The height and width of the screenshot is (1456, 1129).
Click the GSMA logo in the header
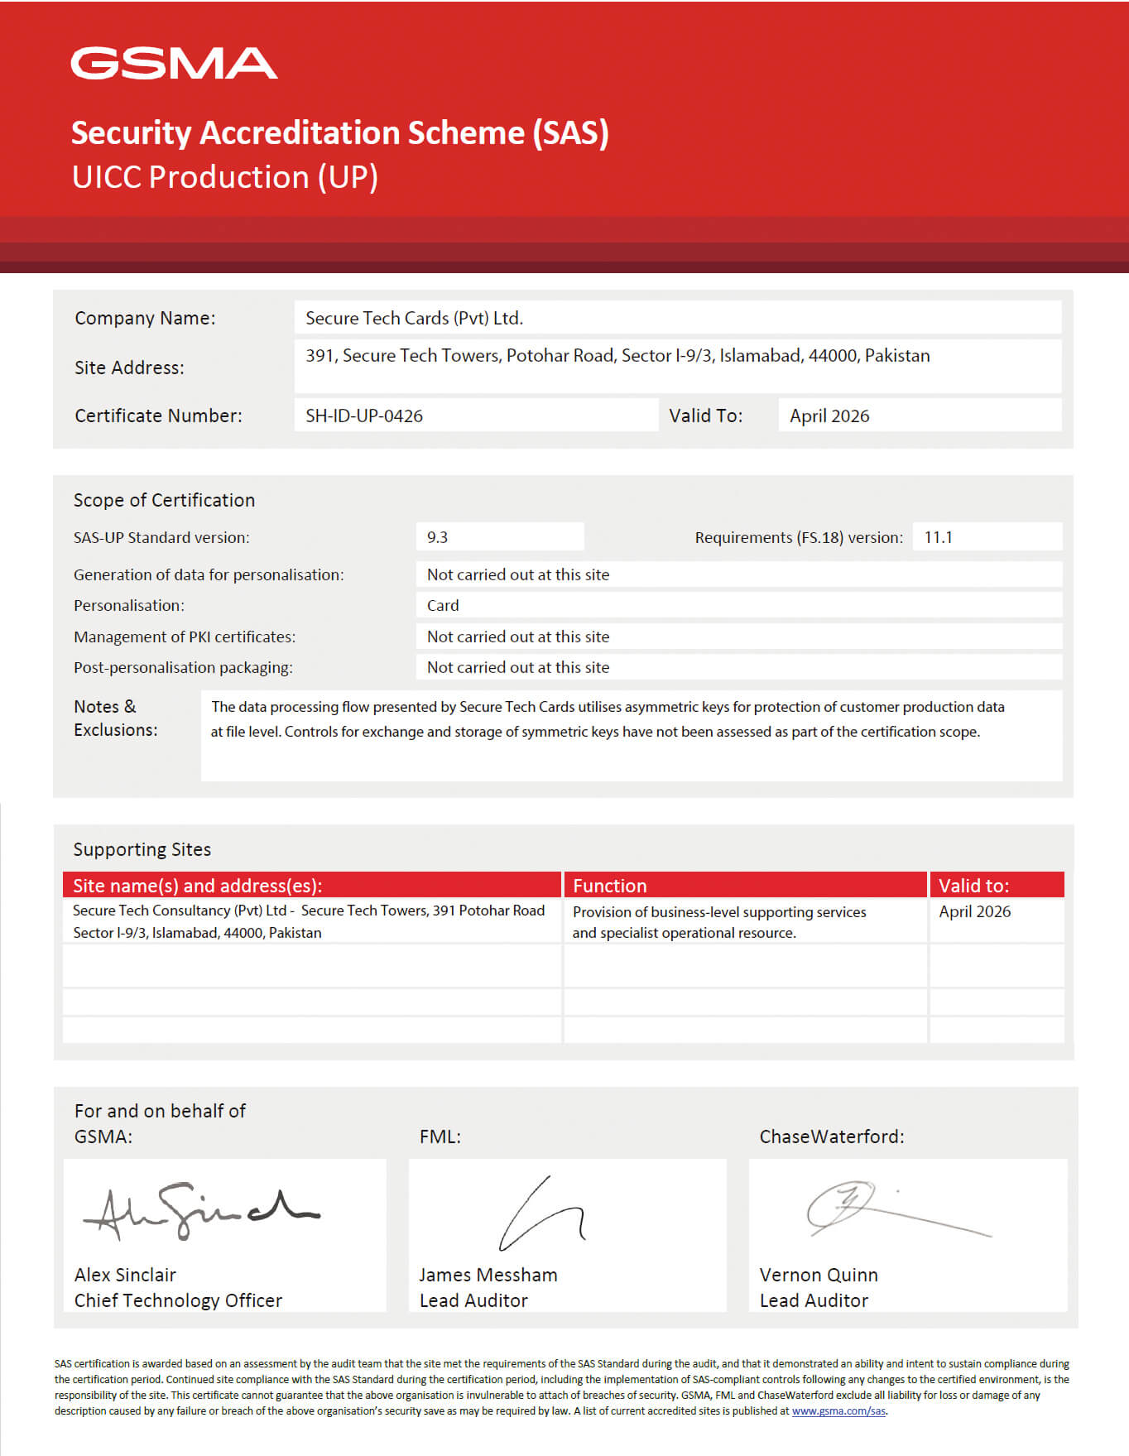[x=174, y=64]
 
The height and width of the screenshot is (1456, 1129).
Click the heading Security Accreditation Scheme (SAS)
[x=339, y=133]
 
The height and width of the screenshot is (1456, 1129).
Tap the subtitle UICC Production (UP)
[x=224, y=177]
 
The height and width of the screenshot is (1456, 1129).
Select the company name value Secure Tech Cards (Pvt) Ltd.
[x=414, y=318]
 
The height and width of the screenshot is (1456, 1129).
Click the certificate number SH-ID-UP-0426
[x=364, y=416]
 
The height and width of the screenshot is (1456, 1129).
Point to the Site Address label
[x=129, y=368]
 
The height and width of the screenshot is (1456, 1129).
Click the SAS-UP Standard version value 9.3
[x=437, y=537]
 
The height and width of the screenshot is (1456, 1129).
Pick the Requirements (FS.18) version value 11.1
[x=938, y=537]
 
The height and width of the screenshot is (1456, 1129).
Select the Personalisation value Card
[x=443, y=605]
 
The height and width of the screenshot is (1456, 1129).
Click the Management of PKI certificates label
[x=184, y=637]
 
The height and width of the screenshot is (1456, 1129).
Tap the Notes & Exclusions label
[x=115, y=718]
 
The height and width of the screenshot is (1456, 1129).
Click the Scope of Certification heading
[x=164, y=500]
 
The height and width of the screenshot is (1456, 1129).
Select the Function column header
[x=609, y=886]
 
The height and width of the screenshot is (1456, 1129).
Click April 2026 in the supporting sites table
[x=974, y=911]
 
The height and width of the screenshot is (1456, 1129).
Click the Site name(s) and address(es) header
[x=197, y=886]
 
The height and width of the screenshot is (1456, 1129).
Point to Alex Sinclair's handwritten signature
[x=199, y=1210]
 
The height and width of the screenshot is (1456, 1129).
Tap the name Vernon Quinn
[x=818, y=1275]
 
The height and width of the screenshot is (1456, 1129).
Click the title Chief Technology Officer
[x=178, y=1300]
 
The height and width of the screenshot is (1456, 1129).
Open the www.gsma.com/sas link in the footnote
[x=838, y=1411]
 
